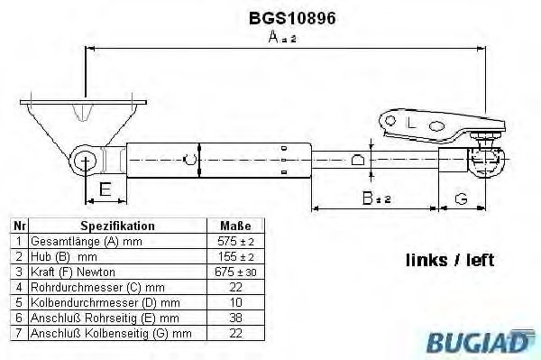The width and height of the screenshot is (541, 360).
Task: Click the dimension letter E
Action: [105, 189]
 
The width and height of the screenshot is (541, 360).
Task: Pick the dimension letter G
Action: [462, 198]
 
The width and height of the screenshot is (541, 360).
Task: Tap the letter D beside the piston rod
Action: [357, 161]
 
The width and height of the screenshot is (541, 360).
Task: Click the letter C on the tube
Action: [188, 161]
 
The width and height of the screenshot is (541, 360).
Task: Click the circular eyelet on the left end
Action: [87, 162]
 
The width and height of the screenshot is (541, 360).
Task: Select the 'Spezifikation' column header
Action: [117, 226]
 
